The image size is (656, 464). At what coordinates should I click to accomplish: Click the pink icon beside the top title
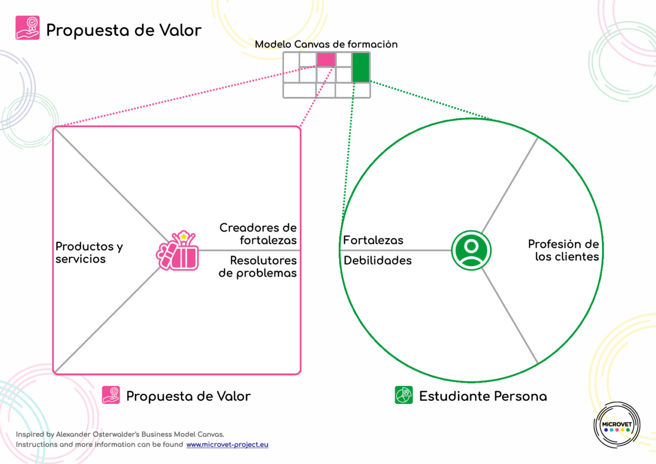click(x=28, y=28)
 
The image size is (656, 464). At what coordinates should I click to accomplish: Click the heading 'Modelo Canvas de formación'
click(x=326, y=45)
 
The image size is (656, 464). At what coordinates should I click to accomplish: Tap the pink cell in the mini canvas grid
click(x=326, y=59)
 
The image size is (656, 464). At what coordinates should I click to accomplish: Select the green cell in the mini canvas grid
click(x=361, y=67)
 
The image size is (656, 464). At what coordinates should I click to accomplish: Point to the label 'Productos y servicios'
click(x=89, y=253)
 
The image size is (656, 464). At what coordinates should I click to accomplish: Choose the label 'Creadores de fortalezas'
click(x=258, y=233)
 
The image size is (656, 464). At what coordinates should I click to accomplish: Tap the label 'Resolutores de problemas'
click(x=258, y=267)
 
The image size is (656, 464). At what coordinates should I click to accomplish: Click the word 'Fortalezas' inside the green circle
click(x=373, y=240)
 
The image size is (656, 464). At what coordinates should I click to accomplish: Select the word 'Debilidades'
click(x=378, y=260)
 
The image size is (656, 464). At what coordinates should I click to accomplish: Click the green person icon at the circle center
click(x=471, y=251)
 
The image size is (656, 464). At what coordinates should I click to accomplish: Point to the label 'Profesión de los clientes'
click(x=564, y=250)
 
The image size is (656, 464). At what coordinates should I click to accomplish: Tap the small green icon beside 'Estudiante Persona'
click(x=404, y=395)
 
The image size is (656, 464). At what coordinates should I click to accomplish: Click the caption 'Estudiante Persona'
click(x=483, y=396)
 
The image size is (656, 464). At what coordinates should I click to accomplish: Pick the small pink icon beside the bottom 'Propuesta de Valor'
click(x=111, y=395)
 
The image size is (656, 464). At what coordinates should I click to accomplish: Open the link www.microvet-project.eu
click(x=227, y=445)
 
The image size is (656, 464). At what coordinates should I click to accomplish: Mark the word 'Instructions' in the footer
click(x=36, y=445)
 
